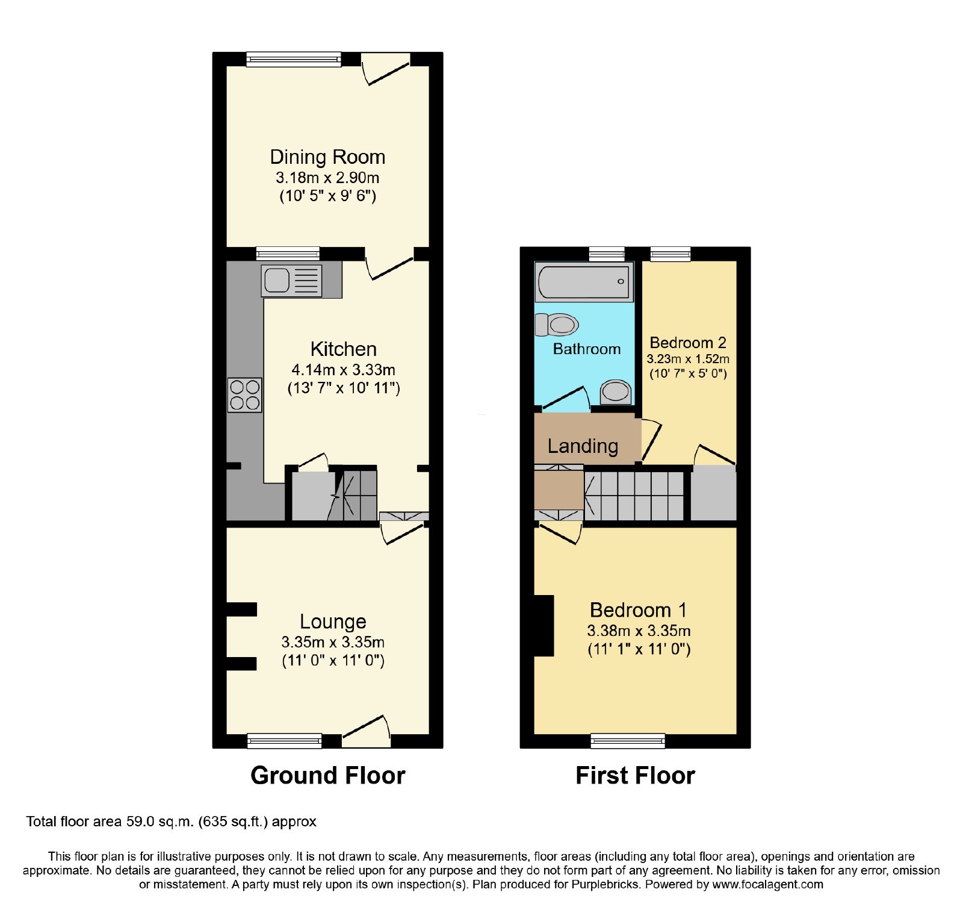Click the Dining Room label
point(327,157)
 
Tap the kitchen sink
point(291,281)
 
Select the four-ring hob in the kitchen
point(245,395)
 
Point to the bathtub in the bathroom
point(584,281)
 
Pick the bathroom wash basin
point(615,392)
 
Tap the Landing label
point(583,446)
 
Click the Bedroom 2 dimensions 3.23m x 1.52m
point(688,359)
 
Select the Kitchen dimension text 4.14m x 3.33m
point(343,370)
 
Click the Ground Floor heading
point(328,775)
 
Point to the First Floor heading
point(635,775)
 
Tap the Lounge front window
point(284,741)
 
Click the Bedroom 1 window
point(628,741)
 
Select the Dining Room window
point(294,59)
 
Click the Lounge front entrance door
point(366,732)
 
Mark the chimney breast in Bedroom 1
point(544,626)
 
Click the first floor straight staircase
point(634,496)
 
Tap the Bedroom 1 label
point(638,610)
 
